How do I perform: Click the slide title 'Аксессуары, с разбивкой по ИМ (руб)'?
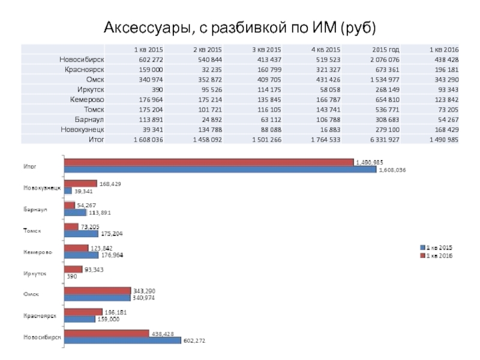pyautogui.click(x=240, y=28)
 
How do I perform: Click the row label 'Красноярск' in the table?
pyautogui.click(x=83, y=69)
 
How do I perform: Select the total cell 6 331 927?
pyautogui.click(x=386, y=139)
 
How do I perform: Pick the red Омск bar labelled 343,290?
pyautogui.click(x=97, y=291)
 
